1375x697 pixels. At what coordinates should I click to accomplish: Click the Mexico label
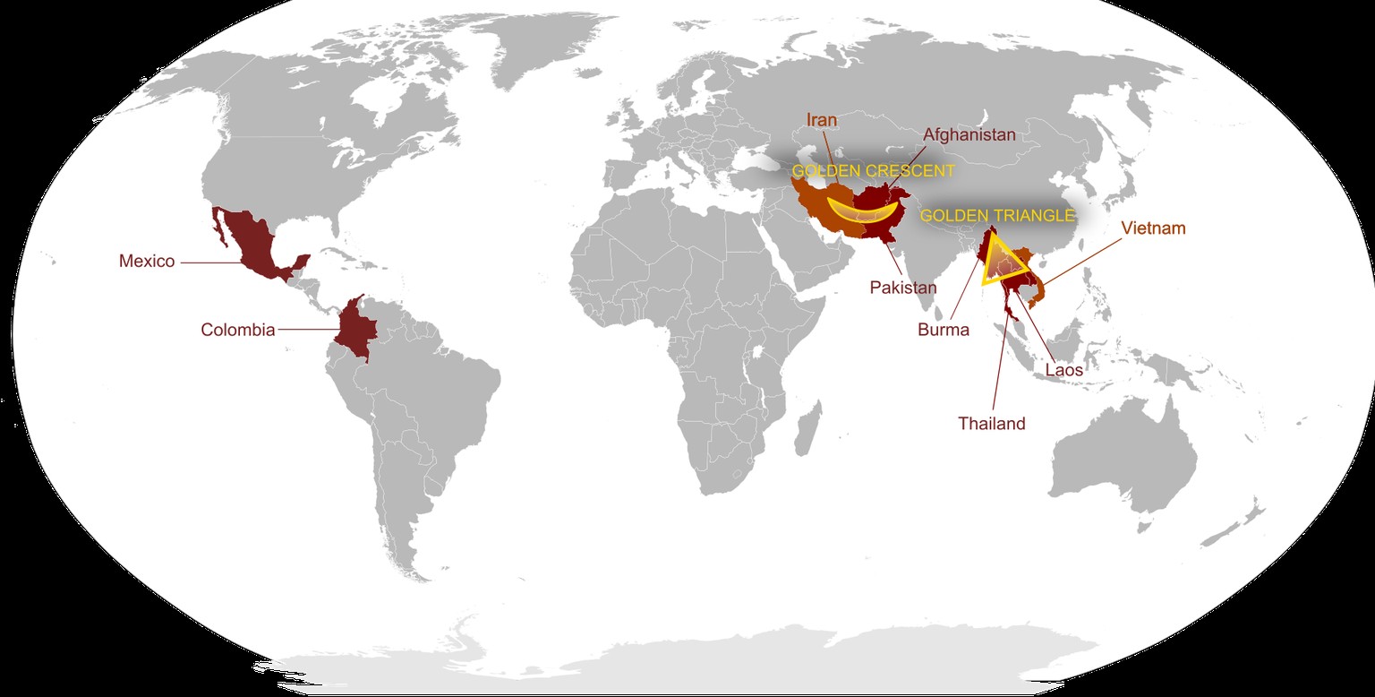click(x=147, y=262)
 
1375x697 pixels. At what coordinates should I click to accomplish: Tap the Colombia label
click(x=237, y=330)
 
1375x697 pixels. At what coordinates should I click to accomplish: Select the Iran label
click(x=821, y=120)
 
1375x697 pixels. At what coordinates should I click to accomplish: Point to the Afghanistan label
click(x=969, y=135)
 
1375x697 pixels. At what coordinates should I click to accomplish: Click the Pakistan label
click(x=903, y=288)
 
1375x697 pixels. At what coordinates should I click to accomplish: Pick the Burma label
click(x=944, y=330)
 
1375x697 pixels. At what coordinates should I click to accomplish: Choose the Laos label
click(x=1063, y=369)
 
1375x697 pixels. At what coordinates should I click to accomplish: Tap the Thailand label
click(x=991, y=424)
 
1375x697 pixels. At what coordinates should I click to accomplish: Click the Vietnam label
click(x=1153, y=228)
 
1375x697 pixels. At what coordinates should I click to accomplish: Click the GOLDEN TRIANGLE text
click(x=996, y=216)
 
